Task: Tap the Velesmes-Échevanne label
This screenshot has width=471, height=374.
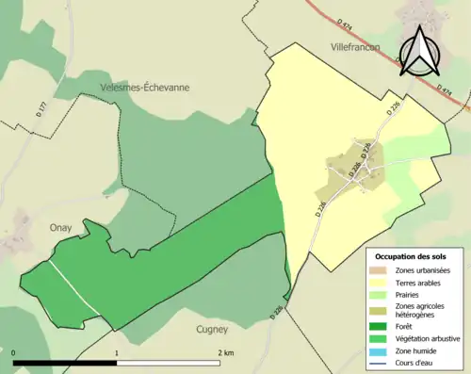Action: [x=145, y=87]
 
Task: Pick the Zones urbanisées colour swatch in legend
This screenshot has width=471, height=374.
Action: [x=381, y=270]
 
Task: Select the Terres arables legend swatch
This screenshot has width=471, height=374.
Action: [x=381, y=282]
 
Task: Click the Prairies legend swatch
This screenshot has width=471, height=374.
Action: [x=381, y=293]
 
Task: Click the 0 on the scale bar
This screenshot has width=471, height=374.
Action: [x=14, y=353]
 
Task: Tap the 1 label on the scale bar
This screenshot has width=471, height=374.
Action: [x=117, y=353]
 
